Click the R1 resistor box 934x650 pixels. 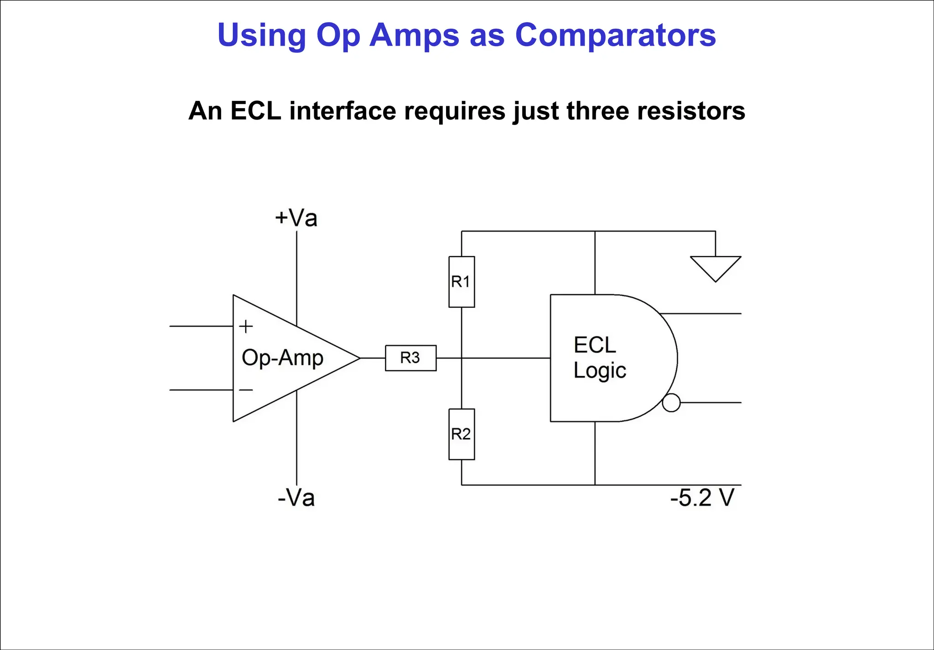pos(462,281)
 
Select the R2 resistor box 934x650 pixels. pos(462,434)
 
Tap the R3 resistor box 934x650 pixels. pos(410,358)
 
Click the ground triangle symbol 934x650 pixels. pos(715,267)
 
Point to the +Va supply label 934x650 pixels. pos(296,218)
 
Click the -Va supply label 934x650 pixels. pos(296,498)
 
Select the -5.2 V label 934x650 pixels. pos(702,498)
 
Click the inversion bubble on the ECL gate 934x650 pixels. pos(671,403)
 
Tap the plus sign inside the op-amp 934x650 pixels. pos(246,326)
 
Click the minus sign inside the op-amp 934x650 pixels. pos(246,390)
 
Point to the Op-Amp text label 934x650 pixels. pos(282,358)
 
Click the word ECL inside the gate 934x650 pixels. pos(595,345)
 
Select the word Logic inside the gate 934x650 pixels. pos(599,370)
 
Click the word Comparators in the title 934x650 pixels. pos(615,35)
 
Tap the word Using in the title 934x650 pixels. pos(261,35)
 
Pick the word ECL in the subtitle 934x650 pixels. pos(255,111)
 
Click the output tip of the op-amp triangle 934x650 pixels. pos(359,358)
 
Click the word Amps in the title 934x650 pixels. pos(414,35)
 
